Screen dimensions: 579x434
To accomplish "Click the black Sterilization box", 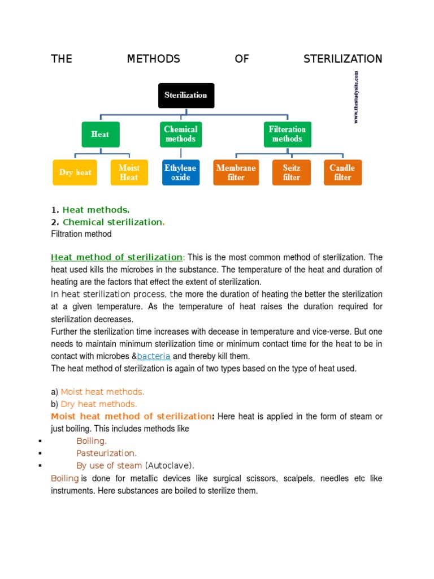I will (186, 95).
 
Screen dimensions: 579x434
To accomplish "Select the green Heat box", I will (101, 135).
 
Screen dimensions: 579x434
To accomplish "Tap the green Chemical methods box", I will (180, 135).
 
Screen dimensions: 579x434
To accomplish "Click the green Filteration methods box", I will (287, 135).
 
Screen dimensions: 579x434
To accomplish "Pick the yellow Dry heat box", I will (75, 172).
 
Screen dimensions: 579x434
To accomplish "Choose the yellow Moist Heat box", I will (129, 172).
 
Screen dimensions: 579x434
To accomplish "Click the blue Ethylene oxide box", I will (180, 172).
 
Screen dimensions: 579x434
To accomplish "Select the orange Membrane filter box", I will (236, 172).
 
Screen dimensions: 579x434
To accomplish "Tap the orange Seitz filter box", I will (292, 172).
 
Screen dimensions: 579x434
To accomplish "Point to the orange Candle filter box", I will (342, 172).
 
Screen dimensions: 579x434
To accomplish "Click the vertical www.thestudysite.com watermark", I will (356, 97).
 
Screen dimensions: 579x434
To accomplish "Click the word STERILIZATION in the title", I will (342, 59).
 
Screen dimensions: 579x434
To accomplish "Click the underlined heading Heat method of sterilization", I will (116, 257).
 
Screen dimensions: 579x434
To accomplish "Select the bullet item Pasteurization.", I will (106, 453).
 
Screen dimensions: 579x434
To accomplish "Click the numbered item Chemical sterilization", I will (112, 222).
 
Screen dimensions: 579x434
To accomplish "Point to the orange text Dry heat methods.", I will (99, 404).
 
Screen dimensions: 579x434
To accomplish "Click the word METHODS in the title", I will (153, 59).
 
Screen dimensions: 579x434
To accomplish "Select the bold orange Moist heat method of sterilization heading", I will (131, 417).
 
